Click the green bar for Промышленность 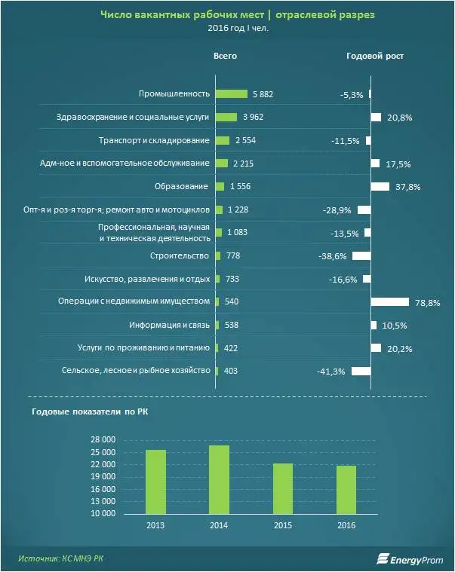(x=231, y=94)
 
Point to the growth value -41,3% (x=332, y=372)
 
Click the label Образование (x=184, y=186)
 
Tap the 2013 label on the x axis (x=156, y=525)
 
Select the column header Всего (x=225, y=57)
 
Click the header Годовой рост (x=375, y=57)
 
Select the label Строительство (x=180, y=256)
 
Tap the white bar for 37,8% (x=380, y=186)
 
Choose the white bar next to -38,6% (x=361, y=256)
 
